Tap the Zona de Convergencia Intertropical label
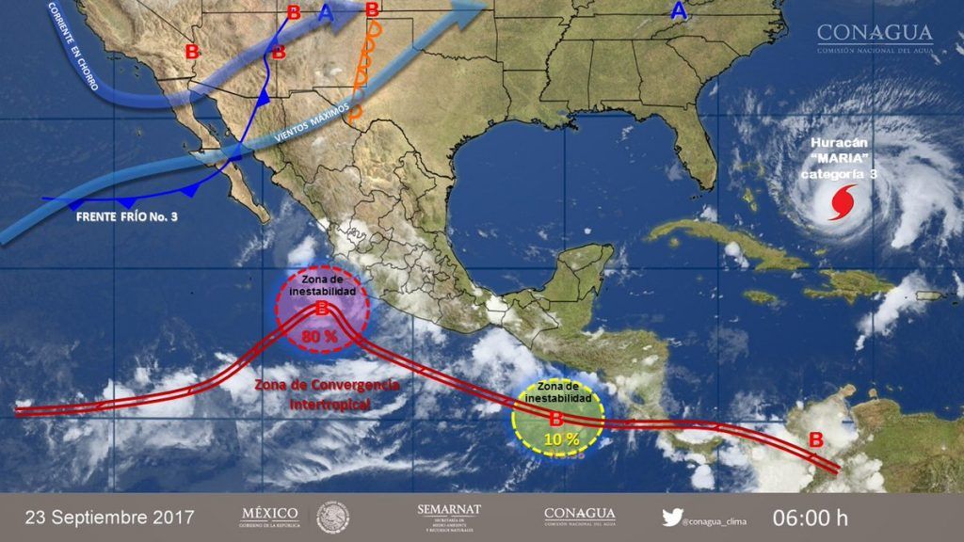point(327,395)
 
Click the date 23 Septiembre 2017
point(109,518)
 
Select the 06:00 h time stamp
point(811,518)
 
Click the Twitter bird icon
point(671,517)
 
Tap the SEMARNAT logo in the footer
point(448,516)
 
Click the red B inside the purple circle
point(321,309)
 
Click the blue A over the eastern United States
point(678,11)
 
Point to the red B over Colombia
point(816,439)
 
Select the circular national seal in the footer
point(332,517)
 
